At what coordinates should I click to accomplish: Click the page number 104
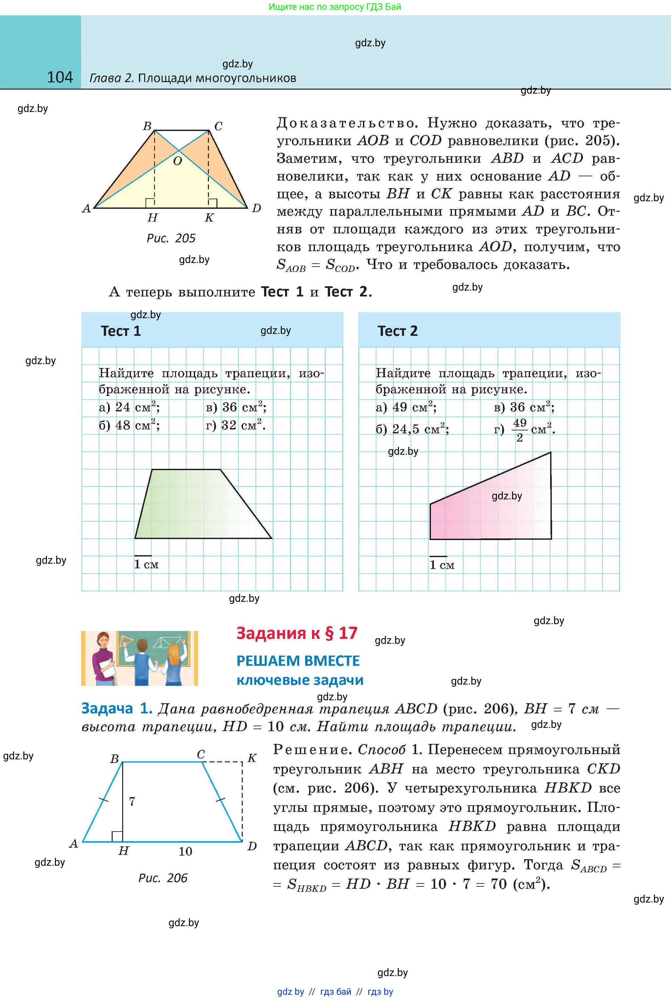point(60,77)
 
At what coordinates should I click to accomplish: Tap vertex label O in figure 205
point(177,161)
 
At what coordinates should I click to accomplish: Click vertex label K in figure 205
point(209,218)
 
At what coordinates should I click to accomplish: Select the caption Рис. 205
point(171,238)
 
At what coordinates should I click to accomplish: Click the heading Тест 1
point(121,331)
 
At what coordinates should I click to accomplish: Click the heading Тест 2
point(397,331)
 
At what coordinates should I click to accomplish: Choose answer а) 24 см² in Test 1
point(129,407)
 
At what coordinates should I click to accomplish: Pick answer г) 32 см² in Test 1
point(236,425)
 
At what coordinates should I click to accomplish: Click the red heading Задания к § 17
point(297,633)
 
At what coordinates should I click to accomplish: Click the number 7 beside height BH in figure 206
point(132,801)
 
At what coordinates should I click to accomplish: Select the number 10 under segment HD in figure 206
point(185,851)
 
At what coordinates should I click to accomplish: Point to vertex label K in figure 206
point(252,758)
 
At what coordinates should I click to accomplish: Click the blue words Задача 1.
point(117,709)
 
